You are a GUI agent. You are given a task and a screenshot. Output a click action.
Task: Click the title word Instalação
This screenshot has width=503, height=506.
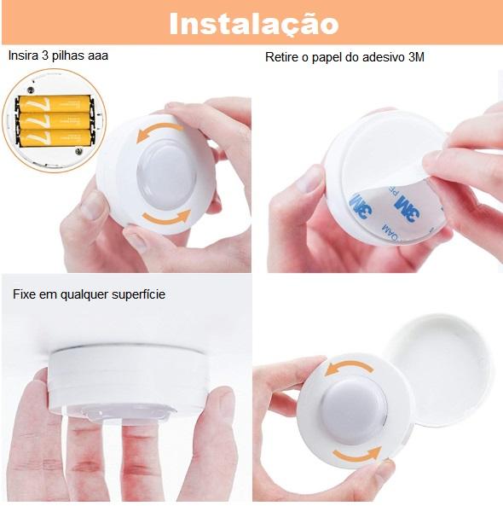click(x=254, y=24)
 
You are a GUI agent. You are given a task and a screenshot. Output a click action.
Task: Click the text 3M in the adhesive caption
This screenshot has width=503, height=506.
click(x=416, y=57)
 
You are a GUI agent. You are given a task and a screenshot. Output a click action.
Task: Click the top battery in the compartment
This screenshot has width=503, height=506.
click(x=55, y=104)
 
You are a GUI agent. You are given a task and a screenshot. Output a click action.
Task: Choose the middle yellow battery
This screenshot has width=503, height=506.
click(x=55, y=120)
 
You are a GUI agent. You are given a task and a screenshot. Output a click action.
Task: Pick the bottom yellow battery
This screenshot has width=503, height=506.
click(x=55, y=137)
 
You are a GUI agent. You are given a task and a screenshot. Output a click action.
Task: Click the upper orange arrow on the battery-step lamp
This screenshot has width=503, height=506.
click(x=158, y=129)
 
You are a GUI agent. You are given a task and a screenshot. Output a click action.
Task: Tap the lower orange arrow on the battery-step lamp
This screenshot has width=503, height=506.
click(x=167, y=218)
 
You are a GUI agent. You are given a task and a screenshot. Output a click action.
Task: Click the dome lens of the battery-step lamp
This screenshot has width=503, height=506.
click(x=167, y=175)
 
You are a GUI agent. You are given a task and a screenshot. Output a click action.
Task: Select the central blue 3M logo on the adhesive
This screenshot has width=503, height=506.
click(x=408, y=209)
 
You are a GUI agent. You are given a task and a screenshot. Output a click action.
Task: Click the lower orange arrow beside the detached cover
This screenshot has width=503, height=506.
click(x=357, y=455)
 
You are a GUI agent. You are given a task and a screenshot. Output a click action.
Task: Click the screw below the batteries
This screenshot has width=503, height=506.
click(x=78, y=151)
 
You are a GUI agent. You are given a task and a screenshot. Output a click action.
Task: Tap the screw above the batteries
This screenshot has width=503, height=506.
click(x=31, y=90)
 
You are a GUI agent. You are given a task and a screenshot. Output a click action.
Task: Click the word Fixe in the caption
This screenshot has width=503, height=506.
click(x=24, y=294)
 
